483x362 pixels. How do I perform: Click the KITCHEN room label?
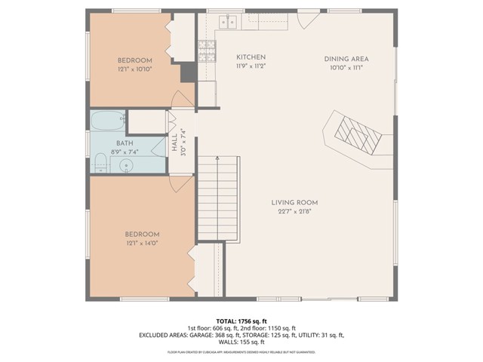(251, 57)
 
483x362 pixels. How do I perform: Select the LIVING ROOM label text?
(294, 202)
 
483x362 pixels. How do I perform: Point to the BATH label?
(125, 143)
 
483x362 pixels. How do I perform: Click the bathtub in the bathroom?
(108, 121)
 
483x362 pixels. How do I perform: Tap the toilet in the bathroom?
(100, 161)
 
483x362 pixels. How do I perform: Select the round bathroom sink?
(125, 164)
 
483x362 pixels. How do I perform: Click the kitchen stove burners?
(206, 51)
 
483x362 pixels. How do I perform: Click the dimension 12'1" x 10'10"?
(134, 69)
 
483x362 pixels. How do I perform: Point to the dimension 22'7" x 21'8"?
(294, 211)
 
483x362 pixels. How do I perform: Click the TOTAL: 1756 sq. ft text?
(241, 321)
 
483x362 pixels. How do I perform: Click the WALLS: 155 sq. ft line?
(241, 342)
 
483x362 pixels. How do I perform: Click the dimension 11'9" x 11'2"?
(251, 66)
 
